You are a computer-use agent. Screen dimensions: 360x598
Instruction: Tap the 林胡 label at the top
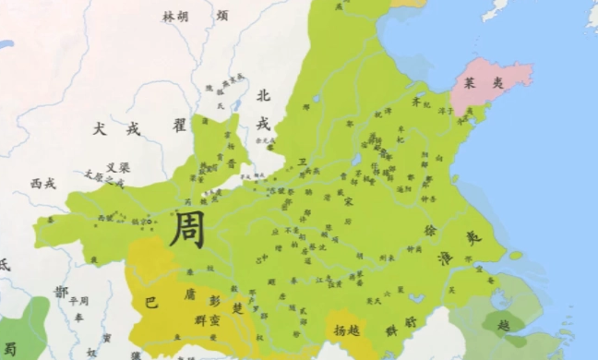[x=175, y=17]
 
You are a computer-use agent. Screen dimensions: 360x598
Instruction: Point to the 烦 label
[x=222, y=16]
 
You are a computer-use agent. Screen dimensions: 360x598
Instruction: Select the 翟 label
[x=179, y=123]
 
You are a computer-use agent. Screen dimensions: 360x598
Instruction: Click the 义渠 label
[x=117, y=168]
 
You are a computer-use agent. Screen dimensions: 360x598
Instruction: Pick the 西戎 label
[x=43, y=184]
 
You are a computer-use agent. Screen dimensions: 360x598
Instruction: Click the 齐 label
[x=415, y=104]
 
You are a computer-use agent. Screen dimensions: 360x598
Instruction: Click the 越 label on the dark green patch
[x=504, y=325]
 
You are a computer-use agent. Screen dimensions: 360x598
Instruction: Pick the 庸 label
[x=189, y=295]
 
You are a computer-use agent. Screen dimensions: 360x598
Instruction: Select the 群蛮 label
[x=208, y=318]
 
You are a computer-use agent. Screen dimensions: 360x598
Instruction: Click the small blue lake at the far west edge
[x=6, y=44]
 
